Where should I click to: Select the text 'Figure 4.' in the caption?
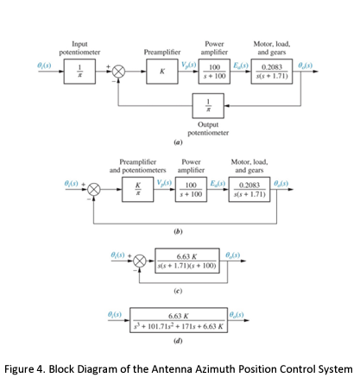pyautogui.click(x=25, y=369)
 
